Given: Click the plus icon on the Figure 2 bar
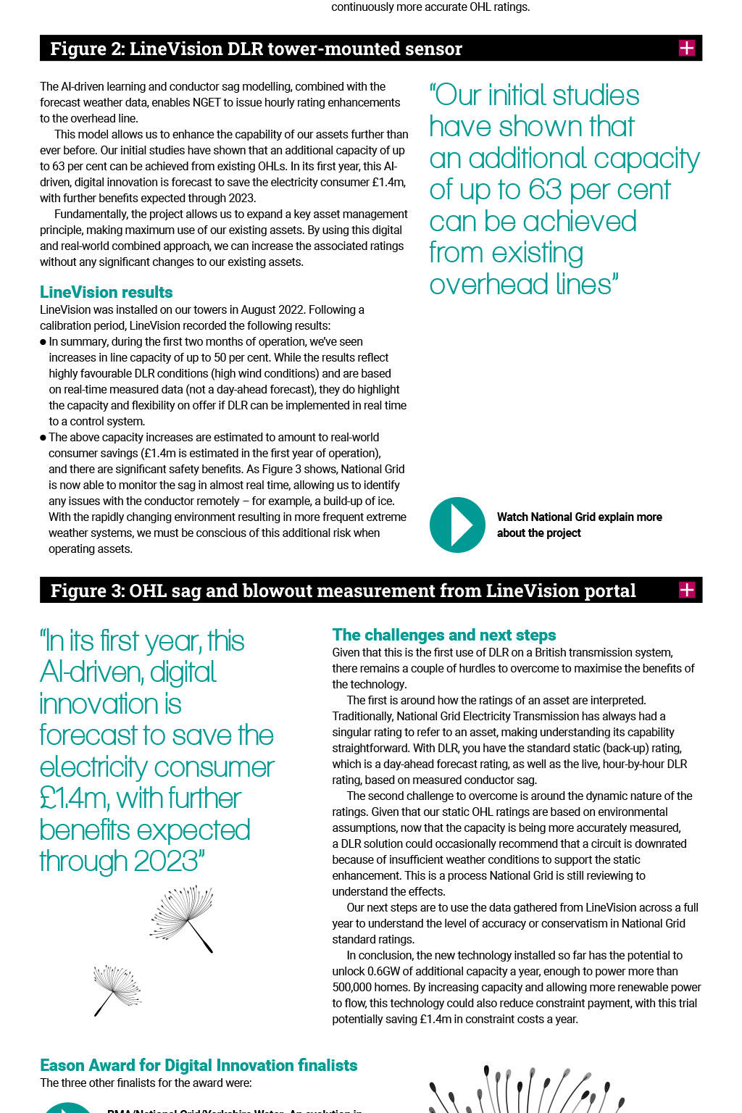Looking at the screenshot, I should [x=686, y=49].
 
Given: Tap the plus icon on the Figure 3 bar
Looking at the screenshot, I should [x=686, y=590].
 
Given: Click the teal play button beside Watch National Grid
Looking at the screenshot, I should [x=457, y=525].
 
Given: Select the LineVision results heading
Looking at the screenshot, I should [x=107, y=292].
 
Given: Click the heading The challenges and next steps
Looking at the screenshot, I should [x=443, y=635].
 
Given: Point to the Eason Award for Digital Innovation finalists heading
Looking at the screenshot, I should [x=199, y=1065].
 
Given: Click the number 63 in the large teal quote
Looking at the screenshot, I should [x=545, y=190].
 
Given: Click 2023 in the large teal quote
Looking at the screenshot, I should [x=166, y=862].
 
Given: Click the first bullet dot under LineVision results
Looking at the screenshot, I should [x=43, y=342].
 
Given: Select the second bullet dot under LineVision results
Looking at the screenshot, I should [x=43, y=438].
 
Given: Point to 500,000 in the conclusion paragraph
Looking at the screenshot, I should [x=357, y=987].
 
